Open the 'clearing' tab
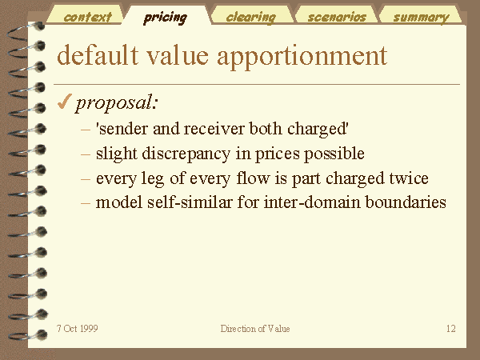[x=252, y=16]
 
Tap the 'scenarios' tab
[x=337, y=16]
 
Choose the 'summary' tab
[x=421, y=16]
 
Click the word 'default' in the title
[x=98, y=55]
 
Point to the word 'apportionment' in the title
[x=302, y=58]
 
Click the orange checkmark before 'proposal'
[x=64, y=102]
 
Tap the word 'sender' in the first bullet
[x=124, y=129]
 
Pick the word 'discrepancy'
[x=186, y=154]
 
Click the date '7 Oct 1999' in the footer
[x=78, y=329]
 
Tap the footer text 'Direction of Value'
[x=255, y=329]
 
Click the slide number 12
[x=451, y=329]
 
